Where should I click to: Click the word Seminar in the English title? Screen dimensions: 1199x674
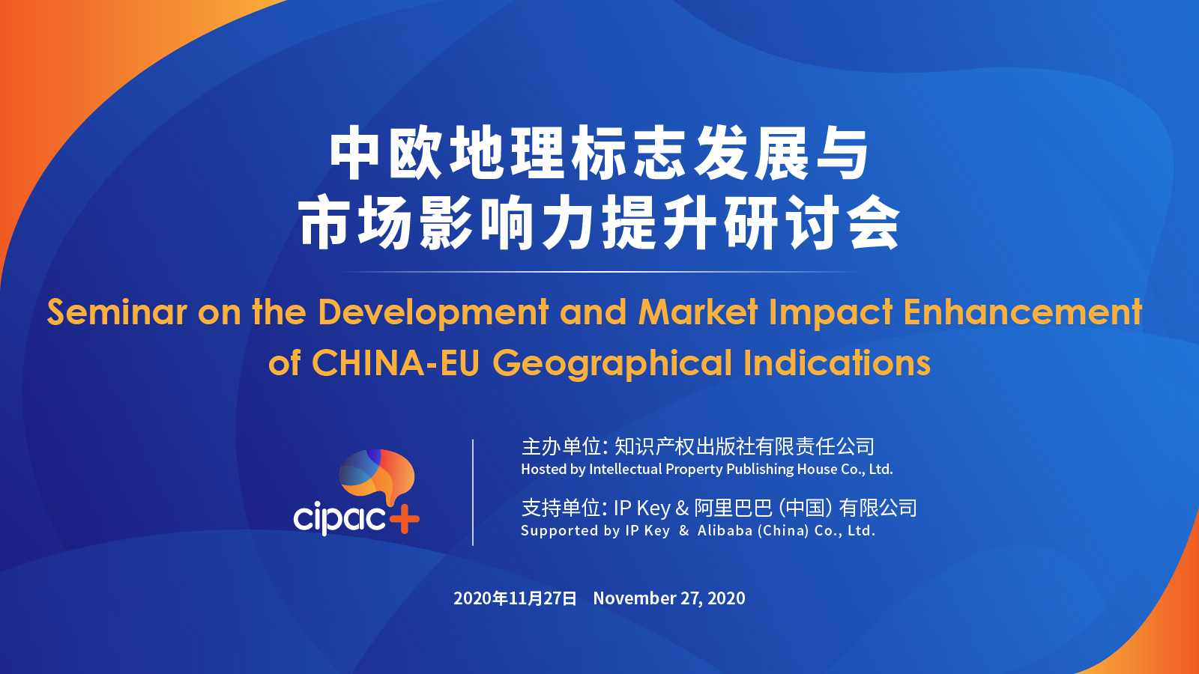click(x=117, y=312)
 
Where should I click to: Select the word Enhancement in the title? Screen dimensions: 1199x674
click(x=1023, y=312)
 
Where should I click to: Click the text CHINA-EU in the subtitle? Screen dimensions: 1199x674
click(x=396, y=363)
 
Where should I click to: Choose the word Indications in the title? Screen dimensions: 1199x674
click(x=837, y=363)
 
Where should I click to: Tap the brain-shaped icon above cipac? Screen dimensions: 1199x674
click(x=377, y=474)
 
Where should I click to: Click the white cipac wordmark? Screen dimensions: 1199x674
click(x=340, y=518)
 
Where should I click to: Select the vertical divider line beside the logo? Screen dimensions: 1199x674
click(x=473, y=493)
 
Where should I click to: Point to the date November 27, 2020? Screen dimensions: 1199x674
click(x=669, y=598)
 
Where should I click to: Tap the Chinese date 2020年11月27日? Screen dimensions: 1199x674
click(x=515, y=598)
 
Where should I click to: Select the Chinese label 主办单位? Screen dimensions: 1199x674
click(x=561, y=446)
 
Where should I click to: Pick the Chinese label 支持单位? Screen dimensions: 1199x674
click(x=561, y=508)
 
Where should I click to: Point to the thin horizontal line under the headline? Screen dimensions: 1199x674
click(x=599, y=272)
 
